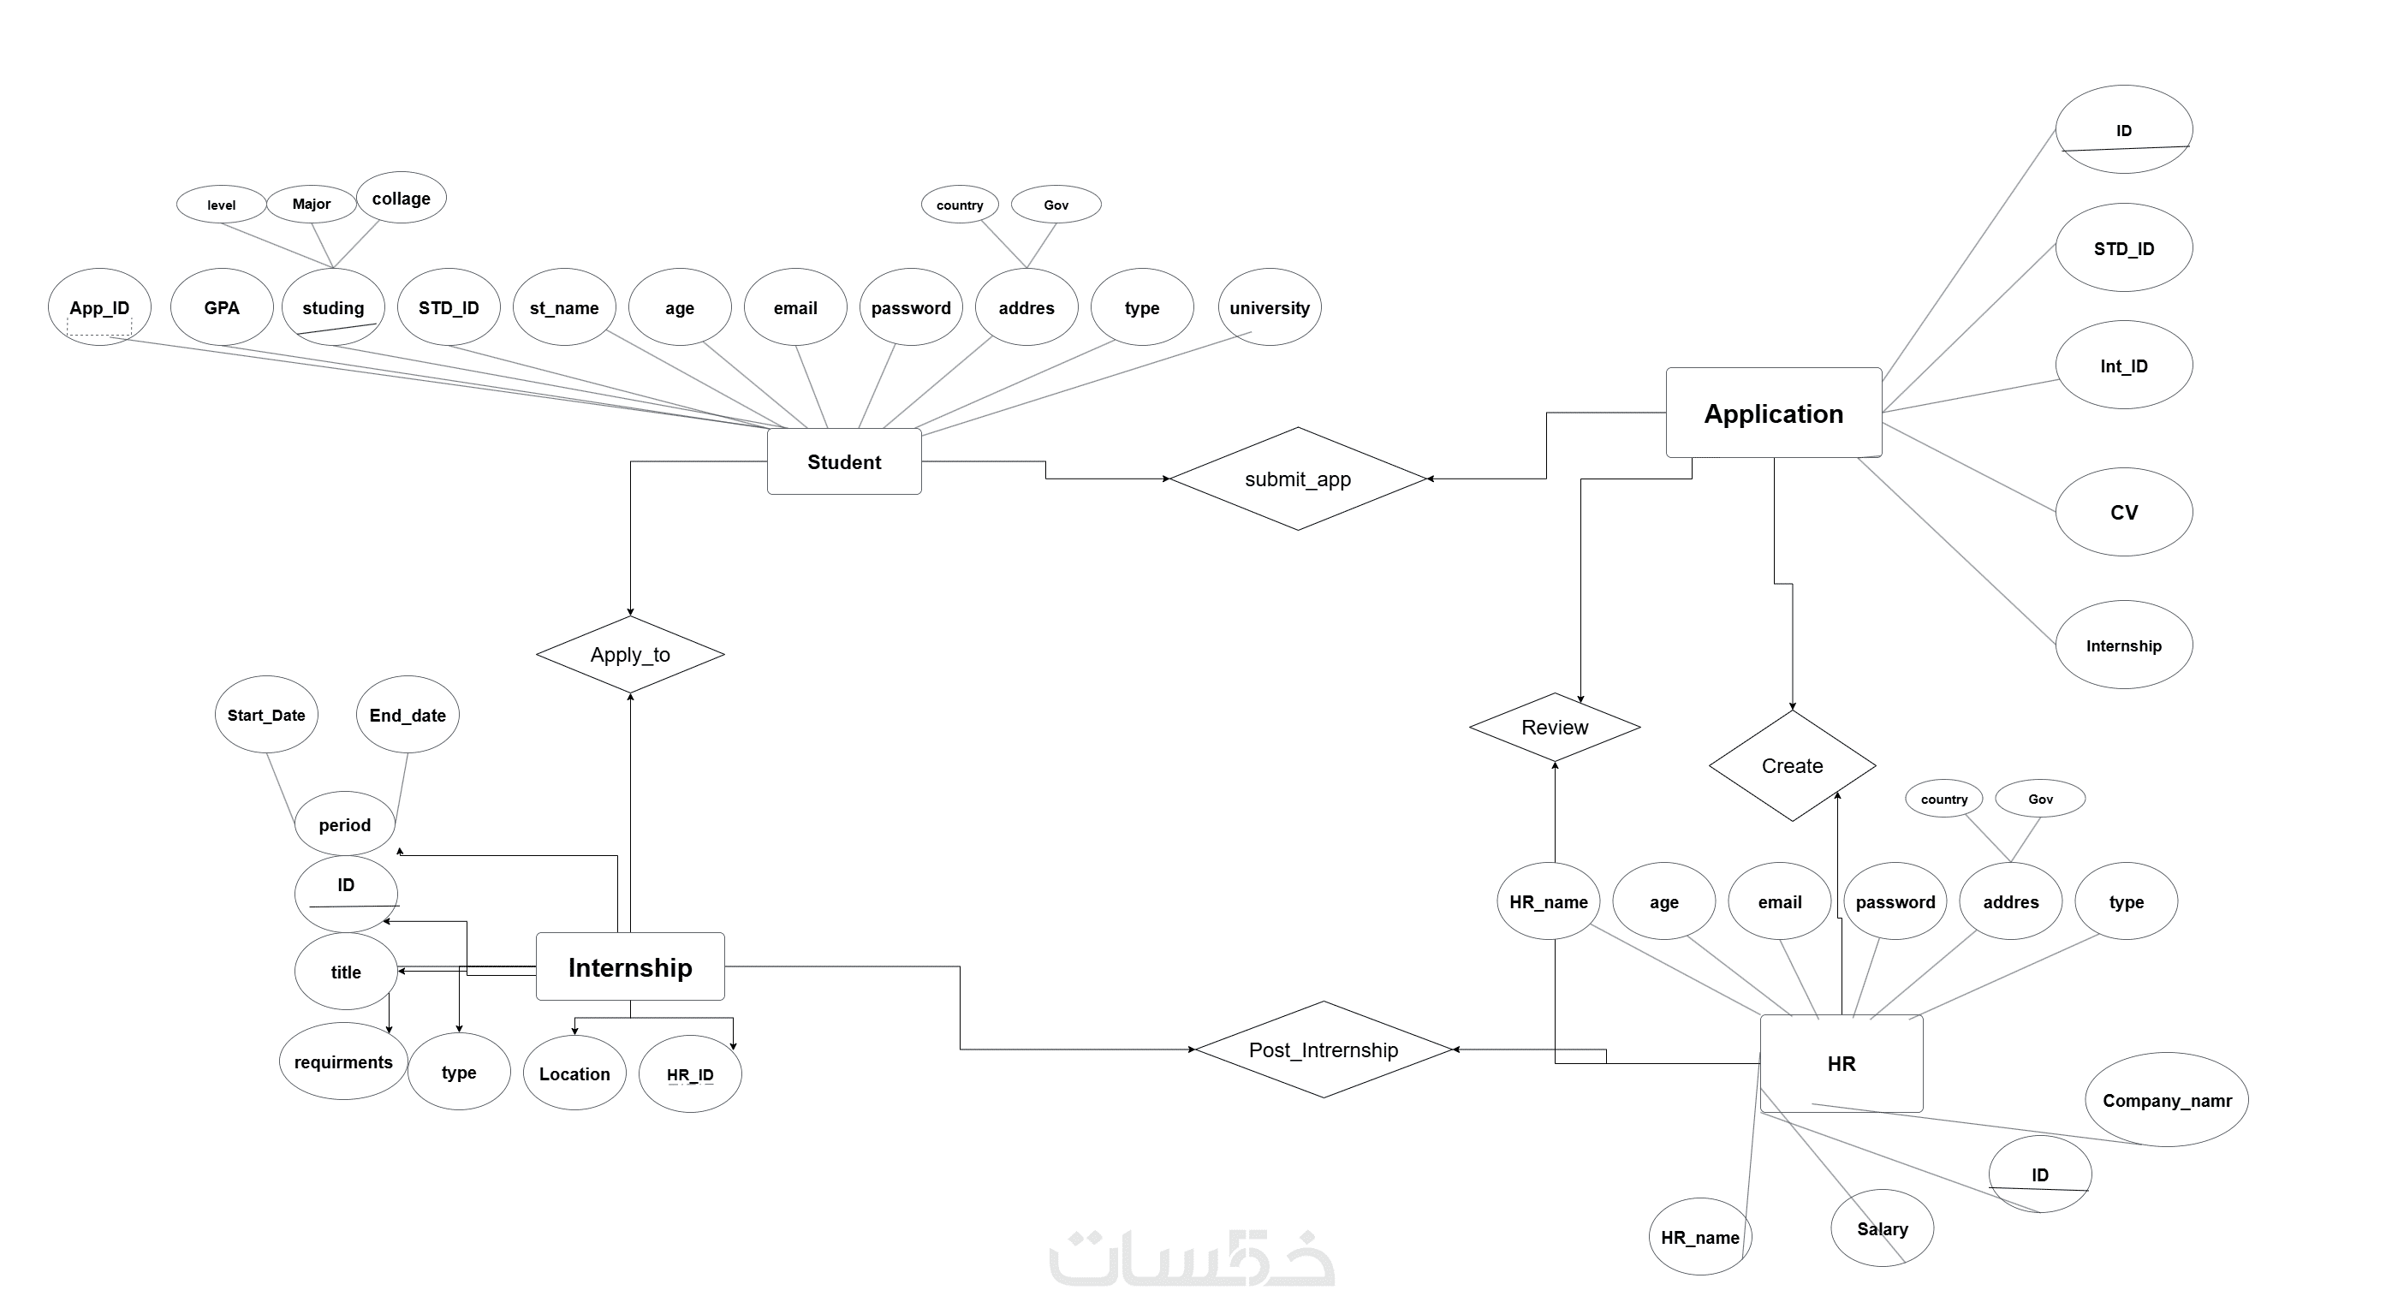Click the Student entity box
[x=844, y=461]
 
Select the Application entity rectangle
[x=1773, y=413]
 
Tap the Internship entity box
[x=630, y=966]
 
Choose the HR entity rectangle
[x=1841, y=1063]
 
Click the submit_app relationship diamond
[x=1297, y=479]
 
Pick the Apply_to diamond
[x=630, y=655]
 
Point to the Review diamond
[x=1554, y=727]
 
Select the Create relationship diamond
[x=1791, y=766]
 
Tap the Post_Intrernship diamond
[x=1323, y=1049]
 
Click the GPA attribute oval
[x=222, y=307]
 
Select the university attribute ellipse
[x=1269, y=307]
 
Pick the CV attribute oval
[x=2123, y=512]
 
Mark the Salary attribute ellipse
[x=1881, y=1228]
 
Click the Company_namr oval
[x=2166, y=1100]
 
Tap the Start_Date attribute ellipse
[x=266, y=715]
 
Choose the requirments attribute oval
[x=342, y=1061]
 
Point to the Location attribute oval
[x=574, y=1073]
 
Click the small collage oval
[x=401, y=198]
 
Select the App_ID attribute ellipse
[x=99, y=307]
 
